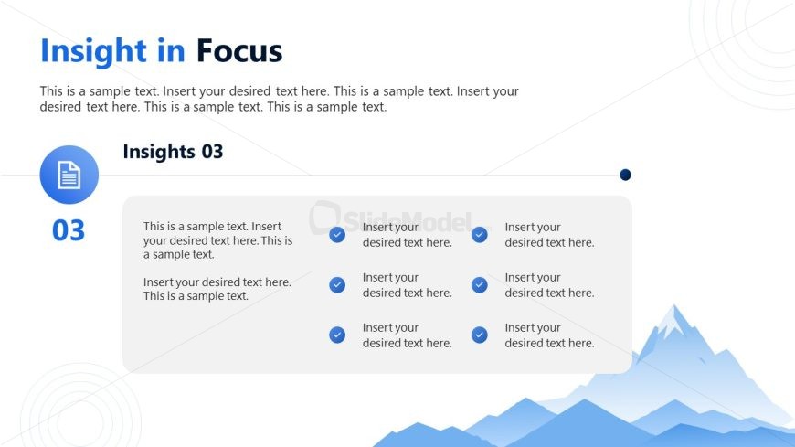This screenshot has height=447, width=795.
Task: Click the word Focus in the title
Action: coord(238,51)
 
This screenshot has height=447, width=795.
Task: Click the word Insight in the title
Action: coord(93,52)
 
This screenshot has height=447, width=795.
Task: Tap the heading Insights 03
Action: coord(173,152)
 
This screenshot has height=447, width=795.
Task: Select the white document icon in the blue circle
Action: coord(69,175)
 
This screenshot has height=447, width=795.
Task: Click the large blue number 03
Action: coord(69,230)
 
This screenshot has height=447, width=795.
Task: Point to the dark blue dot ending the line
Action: coord(625,175)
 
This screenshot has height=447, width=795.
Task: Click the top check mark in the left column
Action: coord(337,234)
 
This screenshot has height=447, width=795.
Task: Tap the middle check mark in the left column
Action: coord(337,284)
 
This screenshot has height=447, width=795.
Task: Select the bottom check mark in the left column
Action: coord(337,335)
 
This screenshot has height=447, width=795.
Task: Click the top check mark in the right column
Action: coord(480,234)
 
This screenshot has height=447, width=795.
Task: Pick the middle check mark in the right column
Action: coord(480,284)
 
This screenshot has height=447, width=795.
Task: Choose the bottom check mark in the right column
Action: coord(480,335)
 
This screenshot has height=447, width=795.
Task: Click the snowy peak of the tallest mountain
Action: coord(674,319)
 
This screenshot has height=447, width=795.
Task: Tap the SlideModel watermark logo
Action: coord(391,218)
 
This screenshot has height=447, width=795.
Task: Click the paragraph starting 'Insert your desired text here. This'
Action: coord(217,289)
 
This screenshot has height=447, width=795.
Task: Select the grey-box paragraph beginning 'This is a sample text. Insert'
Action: coord(218,240)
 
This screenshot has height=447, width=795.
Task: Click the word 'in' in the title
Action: coord(171,51)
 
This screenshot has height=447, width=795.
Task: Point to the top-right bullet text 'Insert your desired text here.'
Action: coord(549,235)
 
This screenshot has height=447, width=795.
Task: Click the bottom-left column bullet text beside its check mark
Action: coord(408,335)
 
